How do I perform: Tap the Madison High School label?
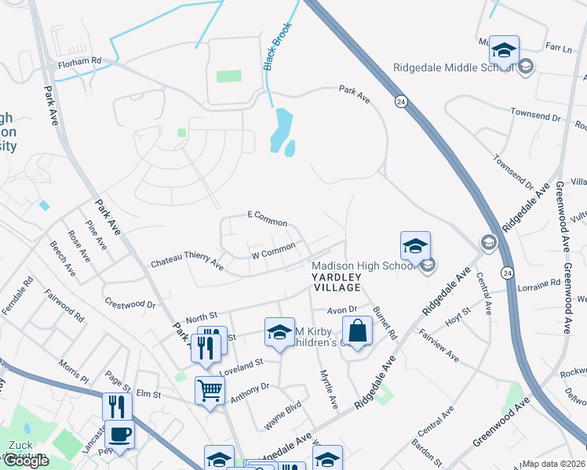(363, 266)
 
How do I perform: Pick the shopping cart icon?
(210, 388)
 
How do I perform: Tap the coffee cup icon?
(119, 434)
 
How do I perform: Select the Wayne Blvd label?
(283, 414)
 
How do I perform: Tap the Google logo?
(26, 461)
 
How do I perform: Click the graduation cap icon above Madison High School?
(415, 246)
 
